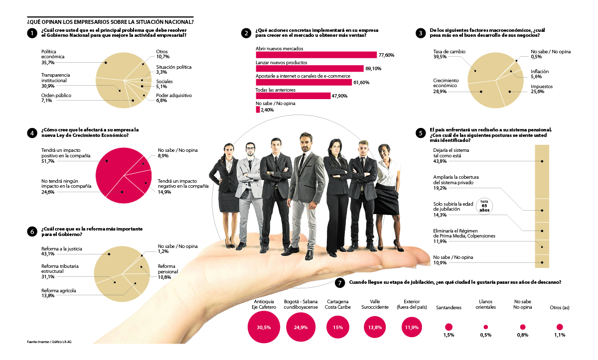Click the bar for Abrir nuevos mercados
pos(316,55)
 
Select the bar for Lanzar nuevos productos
pos(309,69)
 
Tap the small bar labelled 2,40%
pos(258,110)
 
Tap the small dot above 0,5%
pos(486,327)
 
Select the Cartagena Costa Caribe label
pos(338,304)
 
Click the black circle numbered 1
pos(31,33)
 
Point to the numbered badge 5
pos(422,133)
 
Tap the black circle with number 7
pos(340,283)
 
